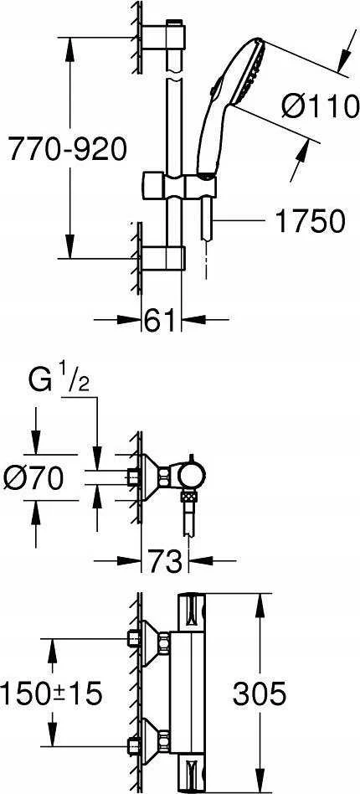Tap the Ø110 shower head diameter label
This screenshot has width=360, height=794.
click(320, 107)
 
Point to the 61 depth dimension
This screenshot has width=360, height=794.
click(160, 321)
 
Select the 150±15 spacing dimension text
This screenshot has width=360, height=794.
click(51, 693)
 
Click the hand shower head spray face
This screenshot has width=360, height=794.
click(252, 70)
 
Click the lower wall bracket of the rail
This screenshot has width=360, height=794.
click(162, 258)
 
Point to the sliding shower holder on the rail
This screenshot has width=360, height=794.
click(180, 185)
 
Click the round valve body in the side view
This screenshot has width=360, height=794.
click(193, 476)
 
